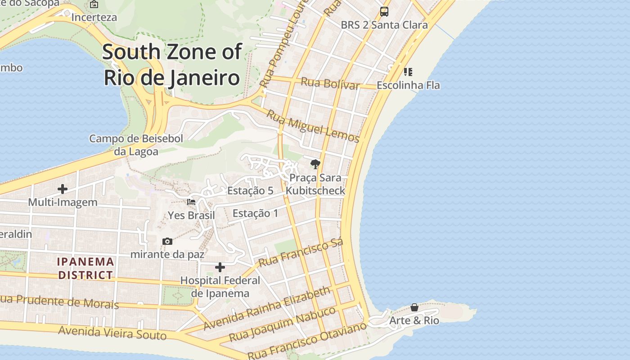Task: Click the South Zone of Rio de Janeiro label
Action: coord(172,65)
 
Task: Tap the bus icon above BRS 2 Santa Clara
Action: coord(384,12)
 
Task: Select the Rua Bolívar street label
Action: coord(330,83)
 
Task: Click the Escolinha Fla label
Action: coord(408,85)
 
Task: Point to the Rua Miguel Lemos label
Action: coord(313,126)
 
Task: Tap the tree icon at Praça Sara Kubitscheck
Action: coord(315,164)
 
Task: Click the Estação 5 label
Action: coord(250,191)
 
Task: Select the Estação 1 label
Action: coord(255,213)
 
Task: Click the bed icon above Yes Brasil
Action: coord(191,202)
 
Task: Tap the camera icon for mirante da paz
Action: coord(167,242)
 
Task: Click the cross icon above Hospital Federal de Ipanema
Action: coord(220,267)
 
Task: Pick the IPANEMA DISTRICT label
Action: coord(85,268)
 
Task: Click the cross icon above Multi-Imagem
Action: coord(63,189)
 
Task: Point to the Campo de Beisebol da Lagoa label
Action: coord(136,145)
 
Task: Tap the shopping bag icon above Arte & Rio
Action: coord(414,307)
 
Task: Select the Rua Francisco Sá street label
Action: coord(301,252)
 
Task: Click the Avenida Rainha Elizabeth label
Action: coord(267,308)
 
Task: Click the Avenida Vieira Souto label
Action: coord(112,333)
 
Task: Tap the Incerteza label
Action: coord(94,18)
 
